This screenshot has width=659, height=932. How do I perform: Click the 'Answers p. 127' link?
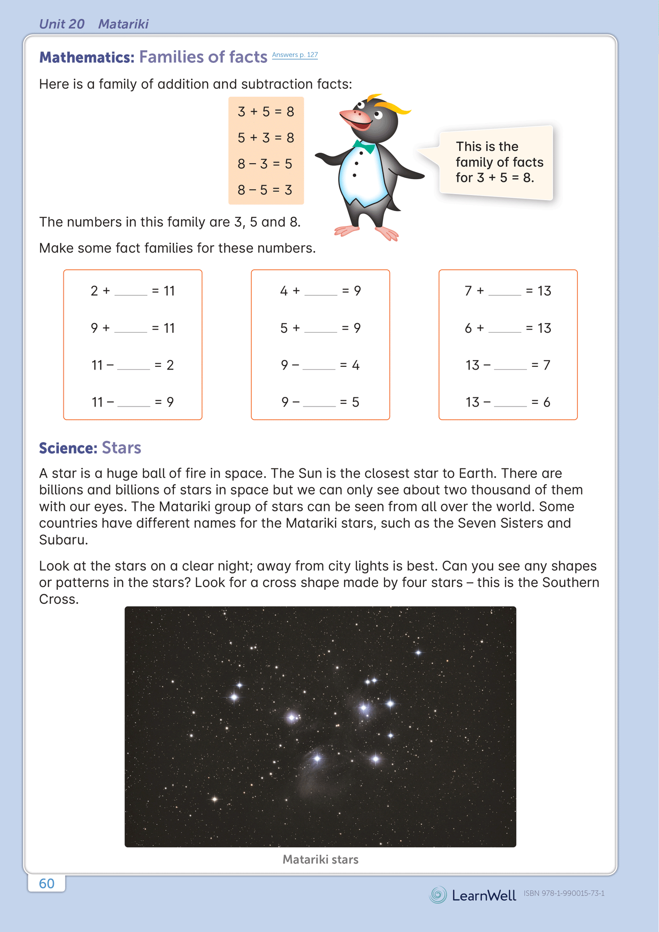click(x=295, y=55)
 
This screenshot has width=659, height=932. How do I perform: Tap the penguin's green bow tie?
click(x=364, y=146)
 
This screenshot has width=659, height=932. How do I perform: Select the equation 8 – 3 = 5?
click(x=265, y=164)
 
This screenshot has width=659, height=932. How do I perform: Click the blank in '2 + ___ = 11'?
click(x=131, y=291)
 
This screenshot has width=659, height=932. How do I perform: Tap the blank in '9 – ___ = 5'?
click(x=319, y=402)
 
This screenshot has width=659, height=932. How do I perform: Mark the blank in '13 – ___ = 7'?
click(x=510, y=366)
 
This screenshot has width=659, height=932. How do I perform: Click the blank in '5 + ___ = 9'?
click(x=321, y=329)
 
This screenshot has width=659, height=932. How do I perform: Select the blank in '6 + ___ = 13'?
click(x=504, y=329)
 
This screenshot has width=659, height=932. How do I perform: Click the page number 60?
click(x=47, y=883)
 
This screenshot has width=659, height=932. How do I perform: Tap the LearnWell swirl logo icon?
click(x=438, y=895)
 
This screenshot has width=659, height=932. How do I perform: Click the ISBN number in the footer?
click(x=564, y=893)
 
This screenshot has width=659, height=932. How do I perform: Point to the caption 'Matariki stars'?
click(x=320, y=860)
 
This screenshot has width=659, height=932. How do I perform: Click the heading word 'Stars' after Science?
click(x=121, y=448)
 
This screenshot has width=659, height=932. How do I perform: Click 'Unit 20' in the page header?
click(x=62, y=24)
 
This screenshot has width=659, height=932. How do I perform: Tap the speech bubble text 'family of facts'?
click(x=499, y=162)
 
